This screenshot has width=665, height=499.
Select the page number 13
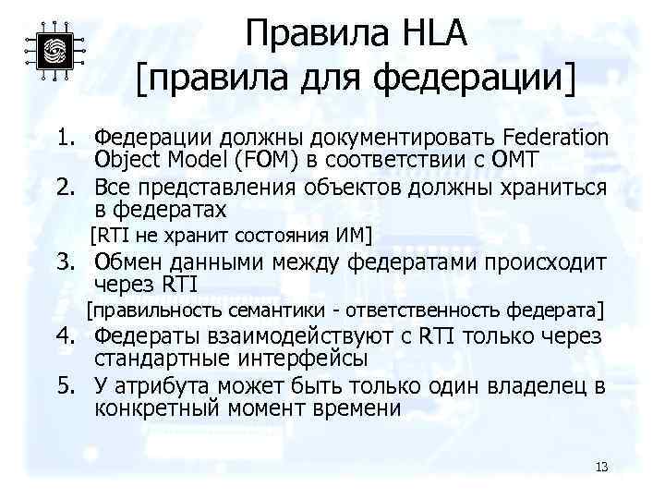click(601, 466)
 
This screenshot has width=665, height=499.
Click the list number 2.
click(63, 189)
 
